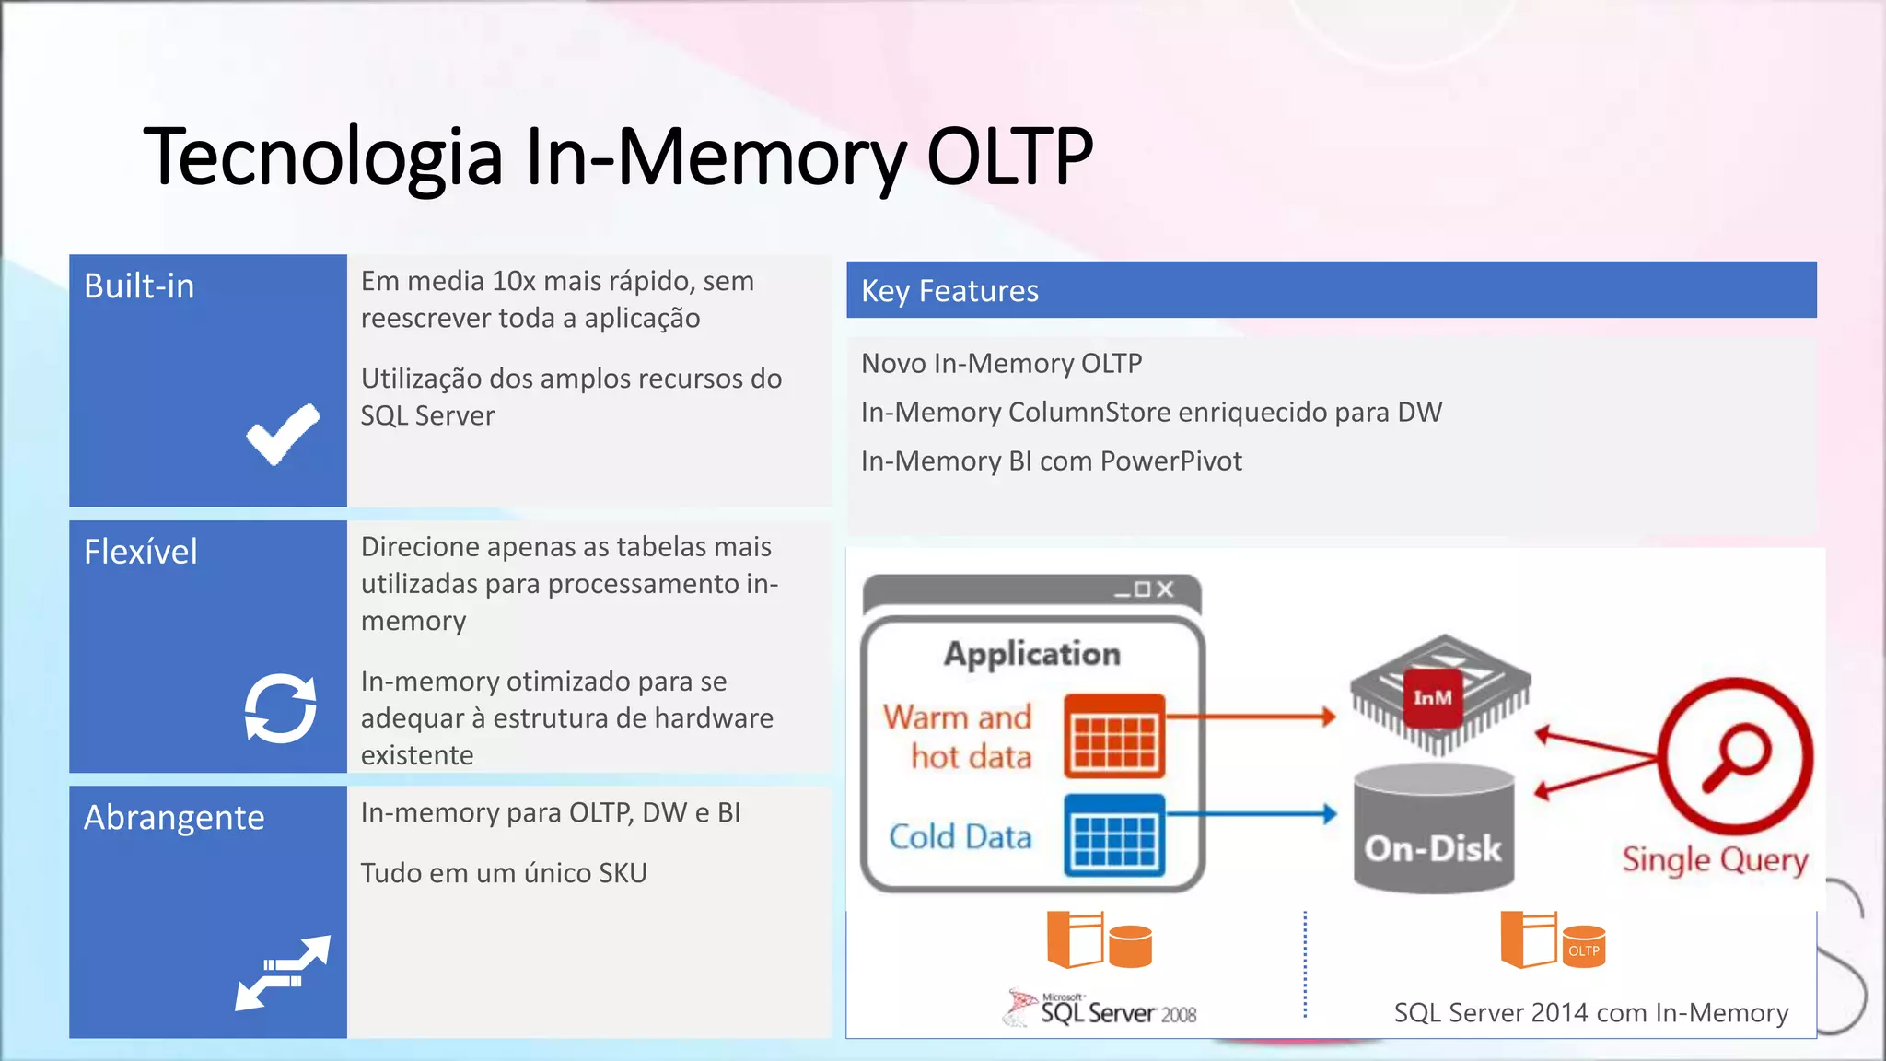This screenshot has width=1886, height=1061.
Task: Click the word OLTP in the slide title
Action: tap(1009, 157)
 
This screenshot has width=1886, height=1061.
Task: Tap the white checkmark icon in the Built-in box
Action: tap(283, 435)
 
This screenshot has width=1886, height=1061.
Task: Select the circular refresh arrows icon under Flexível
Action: tap(280, 707)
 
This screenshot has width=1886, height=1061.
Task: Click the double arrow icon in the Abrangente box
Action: tap(283, 973)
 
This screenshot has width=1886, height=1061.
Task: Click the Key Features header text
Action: tap(949, 291)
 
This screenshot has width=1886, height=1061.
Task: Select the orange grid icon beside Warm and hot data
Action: tap(1114, 736)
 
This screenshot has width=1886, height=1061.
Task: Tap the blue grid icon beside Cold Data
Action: tap(1114, 835)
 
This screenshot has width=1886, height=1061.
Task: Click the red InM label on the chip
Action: tap(1432, 698)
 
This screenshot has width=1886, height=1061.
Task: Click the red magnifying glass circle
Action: tap(1735, 755)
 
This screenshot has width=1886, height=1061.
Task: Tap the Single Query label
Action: tap(1715, 859)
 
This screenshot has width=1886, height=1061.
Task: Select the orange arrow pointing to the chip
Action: tap(1252, 717)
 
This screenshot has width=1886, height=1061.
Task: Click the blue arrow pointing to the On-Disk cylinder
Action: tap(1252, 814)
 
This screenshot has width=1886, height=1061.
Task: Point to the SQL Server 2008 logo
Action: tap(1100, 1010)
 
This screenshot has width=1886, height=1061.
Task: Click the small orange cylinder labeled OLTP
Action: tap(1583, 948)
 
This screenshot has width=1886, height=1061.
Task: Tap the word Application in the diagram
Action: tap(1031, 654)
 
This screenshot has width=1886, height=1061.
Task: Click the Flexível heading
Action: tap(140, 552)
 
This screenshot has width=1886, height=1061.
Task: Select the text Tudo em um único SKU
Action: tap(504, 872)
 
